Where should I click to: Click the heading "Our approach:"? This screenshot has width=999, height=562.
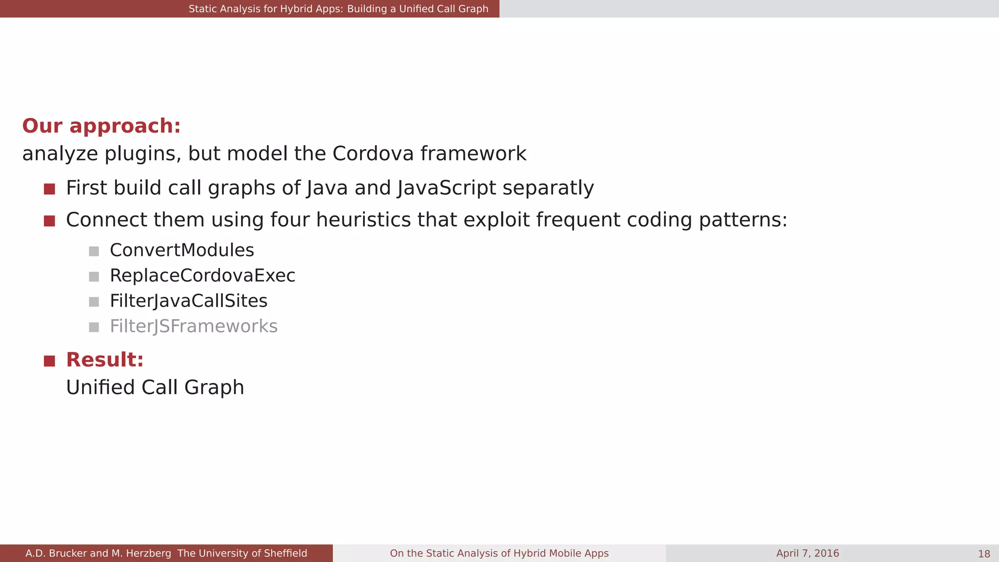coord(101,126)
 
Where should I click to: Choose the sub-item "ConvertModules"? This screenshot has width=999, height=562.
coord(182,250)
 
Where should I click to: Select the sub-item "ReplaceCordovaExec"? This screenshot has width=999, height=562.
coord(202,276)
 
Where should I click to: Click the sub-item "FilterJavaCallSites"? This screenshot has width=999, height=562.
coord(188,301)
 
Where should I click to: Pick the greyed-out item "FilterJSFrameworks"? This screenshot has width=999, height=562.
coord(194,326)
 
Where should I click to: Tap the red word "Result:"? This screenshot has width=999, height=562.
coord(105,360)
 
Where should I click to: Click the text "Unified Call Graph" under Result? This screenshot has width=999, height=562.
coord(155,388)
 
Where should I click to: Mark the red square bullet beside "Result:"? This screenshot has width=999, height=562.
coord(49,361)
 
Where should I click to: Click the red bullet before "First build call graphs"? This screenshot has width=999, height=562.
coord(49,189)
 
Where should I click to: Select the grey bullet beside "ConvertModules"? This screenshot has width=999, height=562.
coord(94,251)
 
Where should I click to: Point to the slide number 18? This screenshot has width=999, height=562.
coord(984,554)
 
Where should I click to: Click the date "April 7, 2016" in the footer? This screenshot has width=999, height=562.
coord(807,553)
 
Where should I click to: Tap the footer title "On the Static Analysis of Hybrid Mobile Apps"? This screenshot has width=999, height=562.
coord(499,553)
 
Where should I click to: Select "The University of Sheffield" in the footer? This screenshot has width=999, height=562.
coord(242,553)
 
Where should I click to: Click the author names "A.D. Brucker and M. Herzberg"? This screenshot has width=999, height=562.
coord(98,553)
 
